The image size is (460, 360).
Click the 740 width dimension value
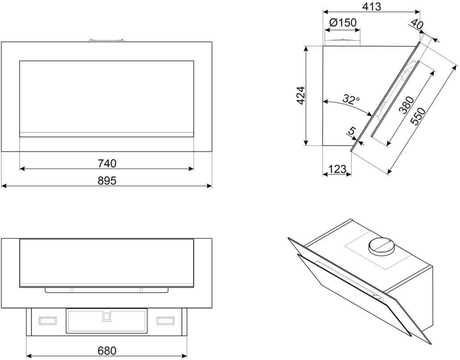107,164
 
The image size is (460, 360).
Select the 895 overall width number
107,180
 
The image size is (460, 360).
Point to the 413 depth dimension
371,7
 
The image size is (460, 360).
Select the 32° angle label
351,99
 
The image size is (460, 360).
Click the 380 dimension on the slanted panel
406,105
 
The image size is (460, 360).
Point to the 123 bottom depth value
337,169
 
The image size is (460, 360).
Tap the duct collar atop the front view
106,40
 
